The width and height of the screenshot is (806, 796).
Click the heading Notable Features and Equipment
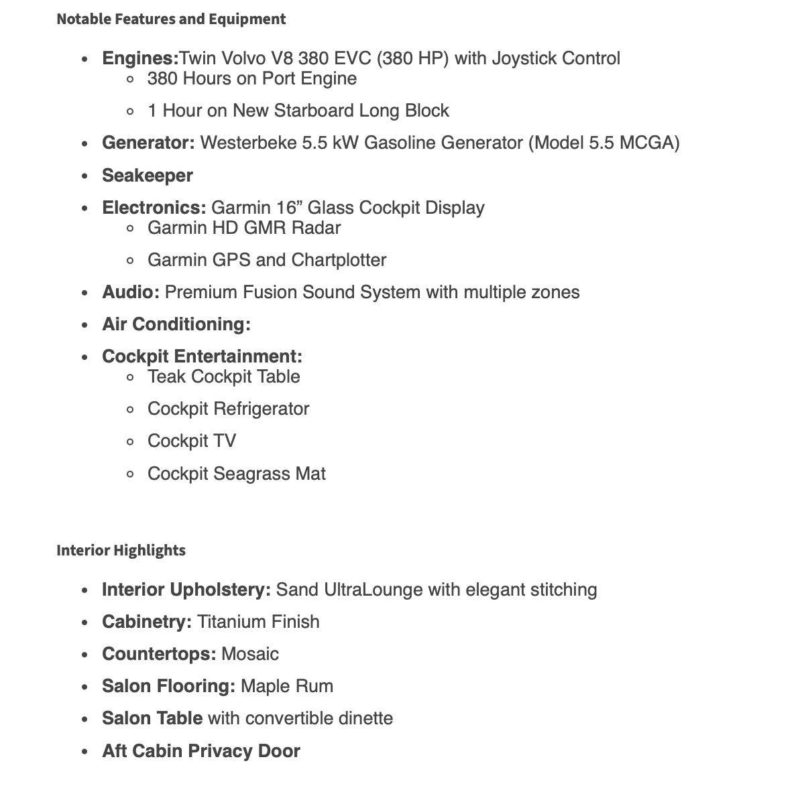pyautogui.click(x=171, y=19)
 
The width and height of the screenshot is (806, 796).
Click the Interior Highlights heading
pyautogui.click(x=121, y=550)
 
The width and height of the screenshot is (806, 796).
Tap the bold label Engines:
pyautogui.click(x=140, y=58)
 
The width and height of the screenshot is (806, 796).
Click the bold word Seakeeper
pyautogui.click(x=147, y=176)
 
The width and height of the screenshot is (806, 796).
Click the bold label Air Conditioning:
pyautogui.click(x=176, y=324)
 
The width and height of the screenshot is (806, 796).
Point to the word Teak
pyautogui.click(x=166, y=377)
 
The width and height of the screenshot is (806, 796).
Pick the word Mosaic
pyautogui.click(x=250, y=654)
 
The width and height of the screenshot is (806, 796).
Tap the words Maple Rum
pyautogui.click(x=287, y=686)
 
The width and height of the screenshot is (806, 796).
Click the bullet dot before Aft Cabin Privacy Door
pyautogui.click(x=84, y=752)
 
